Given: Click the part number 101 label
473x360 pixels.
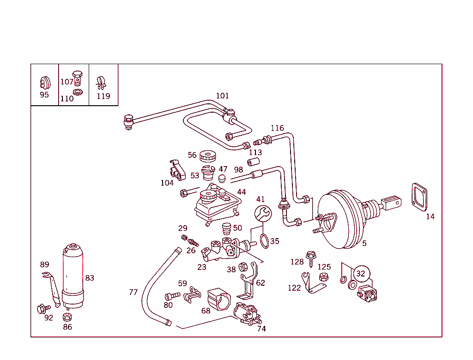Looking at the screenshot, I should tap(222, 96).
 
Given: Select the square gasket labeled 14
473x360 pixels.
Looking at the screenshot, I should tap(419, 198).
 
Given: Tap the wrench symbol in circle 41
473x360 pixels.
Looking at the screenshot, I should tap(263, 214).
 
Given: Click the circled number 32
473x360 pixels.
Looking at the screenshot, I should tap(361, 274).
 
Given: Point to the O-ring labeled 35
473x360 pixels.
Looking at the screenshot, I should tap(264, 241).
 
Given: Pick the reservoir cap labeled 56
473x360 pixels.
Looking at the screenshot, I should tap(208, 157).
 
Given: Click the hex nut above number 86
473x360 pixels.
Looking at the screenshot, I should tap(67, 317).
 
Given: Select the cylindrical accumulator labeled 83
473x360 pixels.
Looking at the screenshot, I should tap(72, 276).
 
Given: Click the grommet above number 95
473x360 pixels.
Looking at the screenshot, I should tap(44, 82).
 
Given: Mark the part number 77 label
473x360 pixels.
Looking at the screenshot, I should tap(133, 292).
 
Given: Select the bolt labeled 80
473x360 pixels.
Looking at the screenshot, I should tap(172, 295).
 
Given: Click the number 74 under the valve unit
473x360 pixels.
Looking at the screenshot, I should tap(261, 329).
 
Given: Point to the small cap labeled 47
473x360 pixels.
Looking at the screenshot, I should tap(222, 178).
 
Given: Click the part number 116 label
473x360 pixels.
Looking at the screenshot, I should tap(277, 128).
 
